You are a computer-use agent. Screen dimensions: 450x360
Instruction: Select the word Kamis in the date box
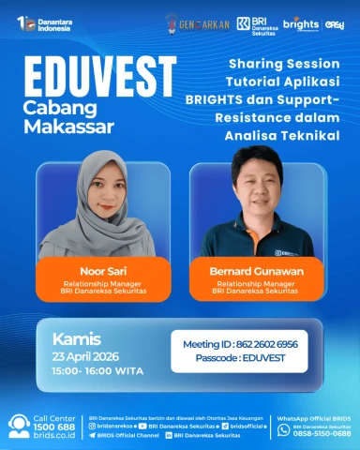(x=78, y=338)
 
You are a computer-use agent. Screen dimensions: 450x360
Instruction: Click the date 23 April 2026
(x=91, y=357)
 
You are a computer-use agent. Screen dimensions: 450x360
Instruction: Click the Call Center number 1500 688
(x=55, y=427)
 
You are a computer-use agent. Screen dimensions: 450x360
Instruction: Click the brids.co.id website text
(x=54, y=437)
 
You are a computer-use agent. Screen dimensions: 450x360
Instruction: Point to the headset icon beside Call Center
(x=18, y=427)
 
